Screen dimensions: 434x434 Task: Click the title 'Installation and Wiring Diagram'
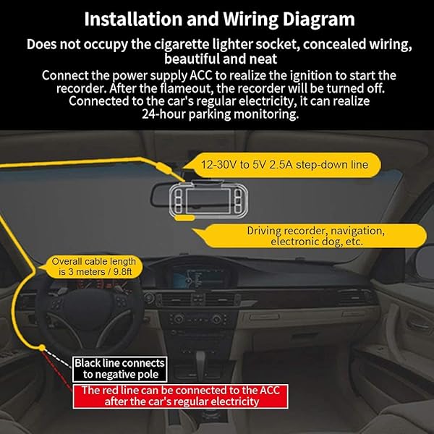point(219,20)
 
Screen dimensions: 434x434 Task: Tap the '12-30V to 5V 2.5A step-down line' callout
point(282,165)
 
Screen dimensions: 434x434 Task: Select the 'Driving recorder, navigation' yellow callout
point(311,236)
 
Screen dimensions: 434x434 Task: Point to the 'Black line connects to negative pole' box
point(119,369)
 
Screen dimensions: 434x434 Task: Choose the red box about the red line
point(180,396)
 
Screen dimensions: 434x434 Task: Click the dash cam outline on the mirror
point(208,200)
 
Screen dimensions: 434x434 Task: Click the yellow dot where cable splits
point(42,347)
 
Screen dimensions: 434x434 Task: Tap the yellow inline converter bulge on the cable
point(163,168)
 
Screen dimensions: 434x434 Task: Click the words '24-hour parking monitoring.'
point(221,114)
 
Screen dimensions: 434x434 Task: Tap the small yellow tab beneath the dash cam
point(185,218)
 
